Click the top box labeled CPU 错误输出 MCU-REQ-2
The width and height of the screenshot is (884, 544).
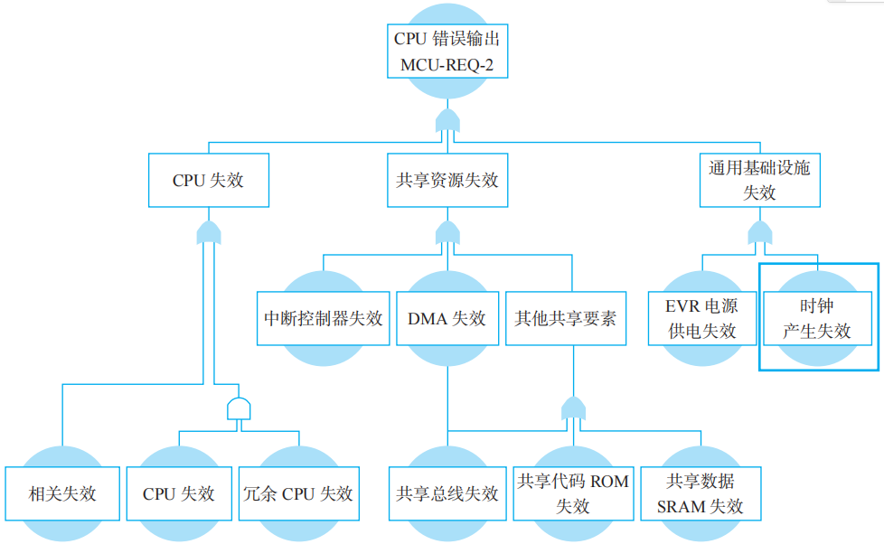click(x=447, y=52)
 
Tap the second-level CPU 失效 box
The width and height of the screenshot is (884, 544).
click(x=208, y=180)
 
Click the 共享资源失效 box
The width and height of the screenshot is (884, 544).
click(x=447, y=180)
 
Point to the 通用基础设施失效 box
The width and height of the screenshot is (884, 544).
click(x=759, y=180)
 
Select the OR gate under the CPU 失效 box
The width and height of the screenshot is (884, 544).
click(x=208, y=233)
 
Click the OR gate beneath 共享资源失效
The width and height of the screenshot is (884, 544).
click(x=447, y=233)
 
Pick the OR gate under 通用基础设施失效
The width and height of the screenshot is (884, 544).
click(x=759, y=233)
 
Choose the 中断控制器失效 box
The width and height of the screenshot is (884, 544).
click(x=323, y=318)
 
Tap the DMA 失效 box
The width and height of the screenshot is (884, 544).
click(x=447, y=318)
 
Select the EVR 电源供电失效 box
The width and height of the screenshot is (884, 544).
click(x=701, y=318)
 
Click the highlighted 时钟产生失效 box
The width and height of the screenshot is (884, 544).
click(x=817, y=318)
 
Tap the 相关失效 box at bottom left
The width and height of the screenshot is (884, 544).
click(x=61, y=493)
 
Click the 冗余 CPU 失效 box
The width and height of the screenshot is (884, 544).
click(x=298, y=493)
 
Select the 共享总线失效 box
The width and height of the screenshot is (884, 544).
click(x=447, y=493)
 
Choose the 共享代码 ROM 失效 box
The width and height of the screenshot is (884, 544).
click(x=572, y=493)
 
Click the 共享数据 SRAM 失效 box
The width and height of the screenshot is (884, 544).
click(x=700, y=493)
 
